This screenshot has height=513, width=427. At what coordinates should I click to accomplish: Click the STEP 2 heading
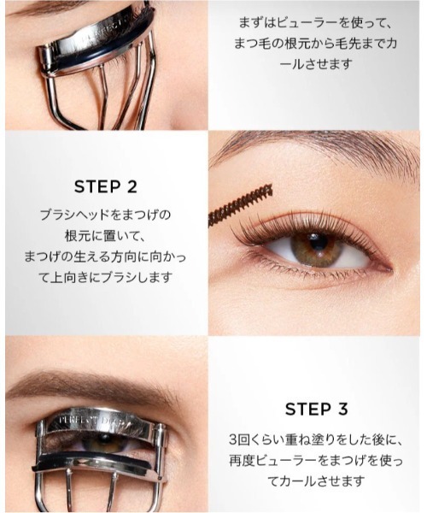point(106,186)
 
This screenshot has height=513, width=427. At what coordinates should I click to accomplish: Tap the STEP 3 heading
point(318,409)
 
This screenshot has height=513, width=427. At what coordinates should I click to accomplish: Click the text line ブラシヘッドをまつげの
point(106,214)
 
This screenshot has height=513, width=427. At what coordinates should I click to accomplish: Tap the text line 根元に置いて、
point(106,235)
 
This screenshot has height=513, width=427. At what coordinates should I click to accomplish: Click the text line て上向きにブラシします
point(106,277)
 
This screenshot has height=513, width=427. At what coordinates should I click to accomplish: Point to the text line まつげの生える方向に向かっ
point(106,256)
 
